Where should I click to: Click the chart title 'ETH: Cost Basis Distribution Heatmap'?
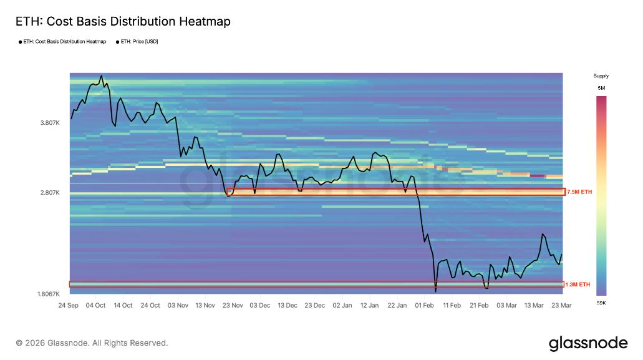coord(123,22)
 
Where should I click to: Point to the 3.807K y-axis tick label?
coord(49,123)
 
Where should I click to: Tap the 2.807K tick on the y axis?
coord(49,193)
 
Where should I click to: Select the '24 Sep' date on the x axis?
coord(68,306)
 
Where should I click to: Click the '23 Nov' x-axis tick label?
coord(233,306)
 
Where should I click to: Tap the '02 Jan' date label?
coord(342,306)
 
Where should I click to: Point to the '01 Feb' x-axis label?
coord(425,306)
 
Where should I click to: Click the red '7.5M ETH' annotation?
coord(579,192)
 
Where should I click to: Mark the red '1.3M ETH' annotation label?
coord(578,285)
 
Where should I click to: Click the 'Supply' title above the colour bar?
coord(601,76)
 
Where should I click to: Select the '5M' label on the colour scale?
coord(601,89)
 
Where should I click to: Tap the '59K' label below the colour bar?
coord(601,303)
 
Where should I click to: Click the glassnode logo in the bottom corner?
coord(587,343)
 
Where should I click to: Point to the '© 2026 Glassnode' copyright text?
coord(92,343)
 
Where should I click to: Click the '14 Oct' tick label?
coord(123,306)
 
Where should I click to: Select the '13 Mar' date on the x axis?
coord(535,306)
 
